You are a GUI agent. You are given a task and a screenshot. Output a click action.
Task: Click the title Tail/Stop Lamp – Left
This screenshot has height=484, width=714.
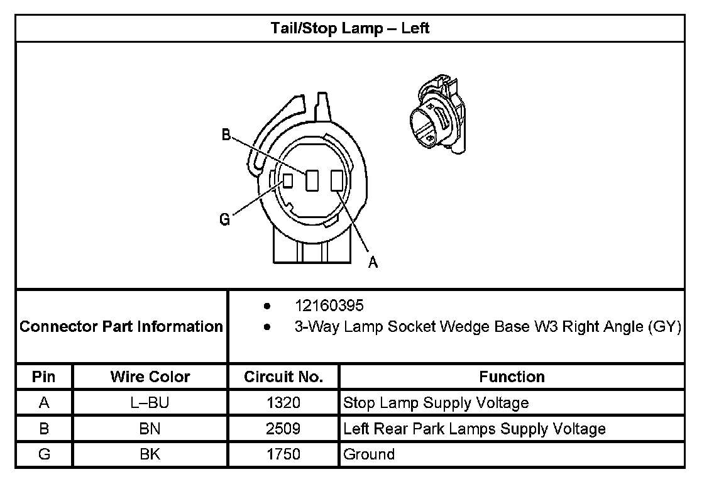350,28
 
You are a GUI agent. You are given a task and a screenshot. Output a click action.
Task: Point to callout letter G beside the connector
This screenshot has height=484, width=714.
224,219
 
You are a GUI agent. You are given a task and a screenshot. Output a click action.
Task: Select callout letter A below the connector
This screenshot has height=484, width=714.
373,263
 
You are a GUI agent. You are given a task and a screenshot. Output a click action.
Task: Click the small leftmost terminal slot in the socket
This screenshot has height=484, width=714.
288,180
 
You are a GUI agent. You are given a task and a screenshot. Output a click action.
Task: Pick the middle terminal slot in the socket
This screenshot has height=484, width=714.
311,181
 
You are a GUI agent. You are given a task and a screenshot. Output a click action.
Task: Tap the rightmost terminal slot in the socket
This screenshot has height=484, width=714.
336,181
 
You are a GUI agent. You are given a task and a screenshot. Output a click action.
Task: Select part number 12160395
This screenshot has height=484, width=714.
329,306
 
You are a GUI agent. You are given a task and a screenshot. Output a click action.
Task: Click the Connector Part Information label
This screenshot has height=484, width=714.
121,327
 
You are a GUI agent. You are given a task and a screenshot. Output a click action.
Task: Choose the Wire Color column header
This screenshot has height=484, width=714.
150,377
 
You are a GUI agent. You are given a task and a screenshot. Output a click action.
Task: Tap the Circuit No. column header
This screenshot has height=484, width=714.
283,377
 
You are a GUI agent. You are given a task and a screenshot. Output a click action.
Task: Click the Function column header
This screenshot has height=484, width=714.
512,377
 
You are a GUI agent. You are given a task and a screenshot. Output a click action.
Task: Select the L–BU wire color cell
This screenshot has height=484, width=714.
150,403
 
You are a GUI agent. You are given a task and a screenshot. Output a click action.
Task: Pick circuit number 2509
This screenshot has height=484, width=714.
283,429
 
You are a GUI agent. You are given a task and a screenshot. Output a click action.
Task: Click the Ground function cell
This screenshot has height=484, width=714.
369,454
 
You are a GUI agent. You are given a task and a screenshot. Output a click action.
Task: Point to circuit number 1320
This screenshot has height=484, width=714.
283,403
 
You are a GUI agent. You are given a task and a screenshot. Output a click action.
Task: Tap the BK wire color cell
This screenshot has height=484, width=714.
150,454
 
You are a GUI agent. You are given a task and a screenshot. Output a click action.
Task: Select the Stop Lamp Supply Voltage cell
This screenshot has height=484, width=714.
436,403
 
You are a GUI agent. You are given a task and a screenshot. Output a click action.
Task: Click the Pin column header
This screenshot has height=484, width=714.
44,377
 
